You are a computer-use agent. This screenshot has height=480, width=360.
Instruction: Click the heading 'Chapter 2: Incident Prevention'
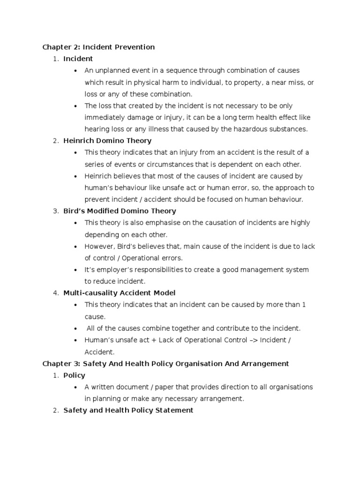[x=98, y=47]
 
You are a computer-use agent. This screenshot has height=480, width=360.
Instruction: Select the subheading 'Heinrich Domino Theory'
[x=107, y=141]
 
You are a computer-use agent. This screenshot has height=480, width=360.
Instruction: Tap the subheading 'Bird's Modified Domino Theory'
[x=120, y=211]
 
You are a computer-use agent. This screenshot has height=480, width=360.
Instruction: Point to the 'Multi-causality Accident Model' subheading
[x=119, y=293]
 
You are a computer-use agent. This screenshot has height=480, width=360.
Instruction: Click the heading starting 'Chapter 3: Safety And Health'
[x=165, y=363]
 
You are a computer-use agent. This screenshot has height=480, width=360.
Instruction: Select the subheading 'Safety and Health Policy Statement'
[x=128, y=410]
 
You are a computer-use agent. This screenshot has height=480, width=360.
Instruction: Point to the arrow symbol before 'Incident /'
[x=253, y=340]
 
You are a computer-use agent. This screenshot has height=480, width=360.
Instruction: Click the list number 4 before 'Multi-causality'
[x=55, y=293]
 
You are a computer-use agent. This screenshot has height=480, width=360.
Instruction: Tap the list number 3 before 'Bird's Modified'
[x=55, y=211]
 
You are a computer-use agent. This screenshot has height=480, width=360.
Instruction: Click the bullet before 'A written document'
[x=75, y=387]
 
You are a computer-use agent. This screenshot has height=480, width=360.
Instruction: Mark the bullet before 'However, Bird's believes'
[x=75, y=247]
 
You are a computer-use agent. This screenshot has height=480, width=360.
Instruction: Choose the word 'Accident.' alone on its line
[x=99, y=352]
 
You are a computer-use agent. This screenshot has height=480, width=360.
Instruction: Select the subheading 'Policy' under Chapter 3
[x=74, y=375]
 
